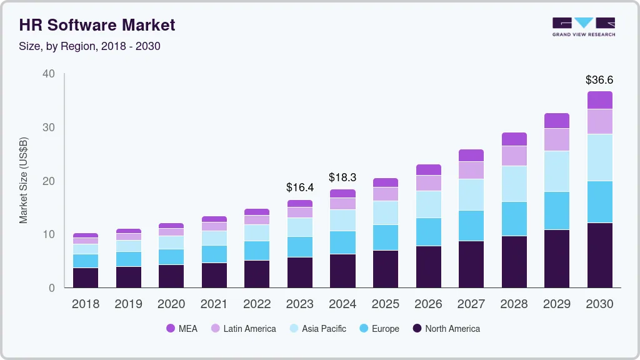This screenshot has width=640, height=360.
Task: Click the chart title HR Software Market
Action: tap(97, 25)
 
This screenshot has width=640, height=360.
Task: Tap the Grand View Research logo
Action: tap(583, 26)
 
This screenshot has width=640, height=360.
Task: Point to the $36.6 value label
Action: tap(599, 80)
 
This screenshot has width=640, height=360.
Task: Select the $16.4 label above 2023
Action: tap(299, 187)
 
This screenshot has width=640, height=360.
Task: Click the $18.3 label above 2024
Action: tap(342, 177)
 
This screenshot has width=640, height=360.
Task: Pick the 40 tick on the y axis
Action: tap(49, 74)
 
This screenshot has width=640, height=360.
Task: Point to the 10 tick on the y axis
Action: tap(49, 234)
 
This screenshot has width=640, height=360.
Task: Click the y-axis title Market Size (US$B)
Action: tap(24, 180)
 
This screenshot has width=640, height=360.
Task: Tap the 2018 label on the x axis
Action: tap(85, 304)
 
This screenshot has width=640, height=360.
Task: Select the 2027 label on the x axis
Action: tap(471, 304)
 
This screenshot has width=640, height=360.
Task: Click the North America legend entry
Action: tap(446, 329)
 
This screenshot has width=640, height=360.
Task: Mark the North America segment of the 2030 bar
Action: tap(599, 255)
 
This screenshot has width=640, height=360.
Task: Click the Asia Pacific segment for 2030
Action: tap(599, 157)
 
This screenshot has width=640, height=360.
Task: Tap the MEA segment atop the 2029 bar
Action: tap(556, 121)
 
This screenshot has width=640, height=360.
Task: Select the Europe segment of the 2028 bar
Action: tap(514, 219)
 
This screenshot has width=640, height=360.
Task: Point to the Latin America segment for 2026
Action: tap(428, 183)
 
